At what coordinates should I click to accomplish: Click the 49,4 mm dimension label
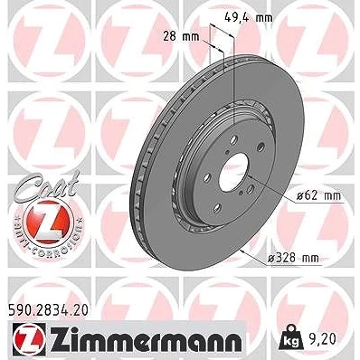[x=249, y=18]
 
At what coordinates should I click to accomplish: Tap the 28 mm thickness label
[x=181, y=37]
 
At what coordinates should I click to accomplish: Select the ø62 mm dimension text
[x=318, y=196]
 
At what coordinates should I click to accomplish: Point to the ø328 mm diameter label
[x=293, y=258]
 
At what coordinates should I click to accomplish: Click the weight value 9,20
[x=322, y=339]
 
